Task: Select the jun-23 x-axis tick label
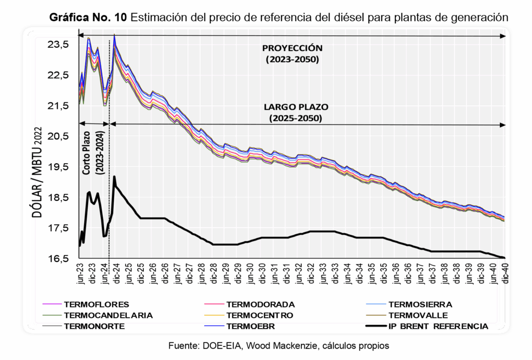(81, 273)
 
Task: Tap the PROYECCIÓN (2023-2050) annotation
(292, 53)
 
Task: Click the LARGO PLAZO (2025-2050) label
(296, 113)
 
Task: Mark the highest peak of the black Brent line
(114, 177)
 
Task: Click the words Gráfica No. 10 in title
(88, 17)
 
